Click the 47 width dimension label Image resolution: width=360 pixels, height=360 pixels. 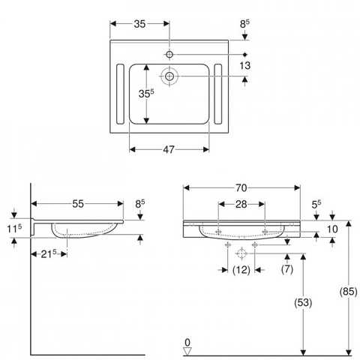coord(169,149)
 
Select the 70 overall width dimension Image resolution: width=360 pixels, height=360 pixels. coord(241,188)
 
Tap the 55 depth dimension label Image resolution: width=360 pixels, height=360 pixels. coord(78,204)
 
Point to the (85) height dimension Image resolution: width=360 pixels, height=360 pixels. coord(348,292)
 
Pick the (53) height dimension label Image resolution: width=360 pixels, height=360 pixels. coord(303,303)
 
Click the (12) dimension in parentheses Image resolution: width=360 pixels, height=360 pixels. coord(241,270)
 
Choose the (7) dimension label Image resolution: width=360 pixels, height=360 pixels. coord(287,269)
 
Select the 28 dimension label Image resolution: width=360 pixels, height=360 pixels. coord(241,204)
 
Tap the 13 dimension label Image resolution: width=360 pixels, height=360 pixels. coord(244,65)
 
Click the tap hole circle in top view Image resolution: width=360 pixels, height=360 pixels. coord(169,54)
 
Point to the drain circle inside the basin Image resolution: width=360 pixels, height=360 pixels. coord(169,76)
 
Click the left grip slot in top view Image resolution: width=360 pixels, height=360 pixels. coord(120,94)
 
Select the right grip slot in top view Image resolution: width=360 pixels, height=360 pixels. coord(218,94)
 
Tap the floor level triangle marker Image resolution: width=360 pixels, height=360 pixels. coord(187,351)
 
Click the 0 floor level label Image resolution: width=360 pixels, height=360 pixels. coord(187,342)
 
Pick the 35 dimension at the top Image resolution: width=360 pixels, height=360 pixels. coord(139,24)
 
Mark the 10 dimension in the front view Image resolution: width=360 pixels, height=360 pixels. coord(332,229)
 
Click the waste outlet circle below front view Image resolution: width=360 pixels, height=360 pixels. coord(241,253)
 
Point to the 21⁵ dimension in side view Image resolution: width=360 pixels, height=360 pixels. coord(49,254)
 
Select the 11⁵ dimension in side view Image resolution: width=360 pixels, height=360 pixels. coord(14,229)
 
